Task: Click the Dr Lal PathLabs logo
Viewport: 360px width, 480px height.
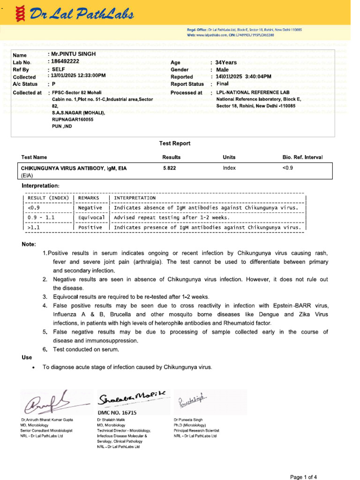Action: (x=68, y=15)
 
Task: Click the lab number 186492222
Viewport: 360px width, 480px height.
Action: (x=66, y=61)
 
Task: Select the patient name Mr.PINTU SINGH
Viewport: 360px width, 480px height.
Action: (x=74, y=54)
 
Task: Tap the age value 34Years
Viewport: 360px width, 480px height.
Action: (x=226, y=62)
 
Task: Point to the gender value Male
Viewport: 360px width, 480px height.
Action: (x=222, y=69)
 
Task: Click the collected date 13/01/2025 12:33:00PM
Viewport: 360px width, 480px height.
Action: (x=79, y=75)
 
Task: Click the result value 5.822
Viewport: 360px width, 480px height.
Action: (x=169, y=168)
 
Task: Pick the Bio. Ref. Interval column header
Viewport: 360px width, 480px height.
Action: (x=299, y=157)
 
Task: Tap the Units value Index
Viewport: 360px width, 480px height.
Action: (x=229, y=168)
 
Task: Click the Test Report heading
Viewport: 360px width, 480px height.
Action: (x=175, y=143)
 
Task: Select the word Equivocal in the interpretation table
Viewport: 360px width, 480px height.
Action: (x=91, y=217)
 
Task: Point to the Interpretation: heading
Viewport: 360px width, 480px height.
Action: (x=41, y=186)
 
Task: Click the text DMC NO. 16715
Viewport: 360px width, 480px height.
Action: (x=117, y=412)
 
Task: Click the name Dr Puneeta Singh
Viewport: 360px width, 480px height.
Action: (x=190, y=420)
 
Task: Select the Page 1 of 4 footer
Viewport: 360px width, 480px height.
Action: (x=304, y=477)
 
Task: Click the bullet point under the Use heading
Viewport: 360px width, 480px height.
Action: (x=33, y=367)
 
